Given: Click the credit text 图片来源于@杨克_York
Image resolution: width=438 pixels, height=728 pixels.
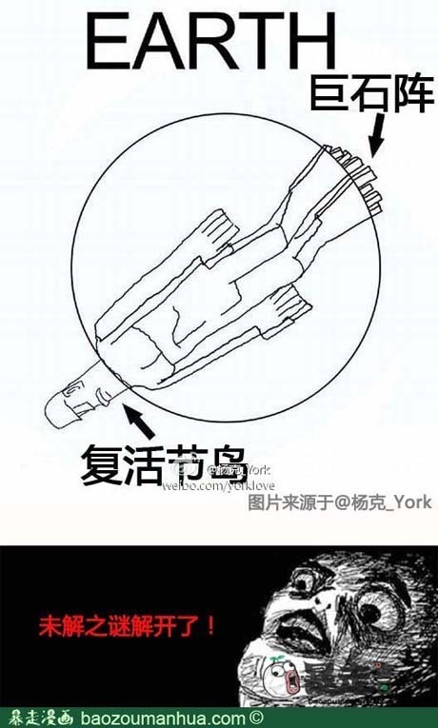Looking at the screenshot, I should pos(339,502).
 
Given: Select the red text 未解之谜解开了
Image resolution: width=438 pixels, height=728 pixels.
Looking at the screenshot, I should pos(127,625).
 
